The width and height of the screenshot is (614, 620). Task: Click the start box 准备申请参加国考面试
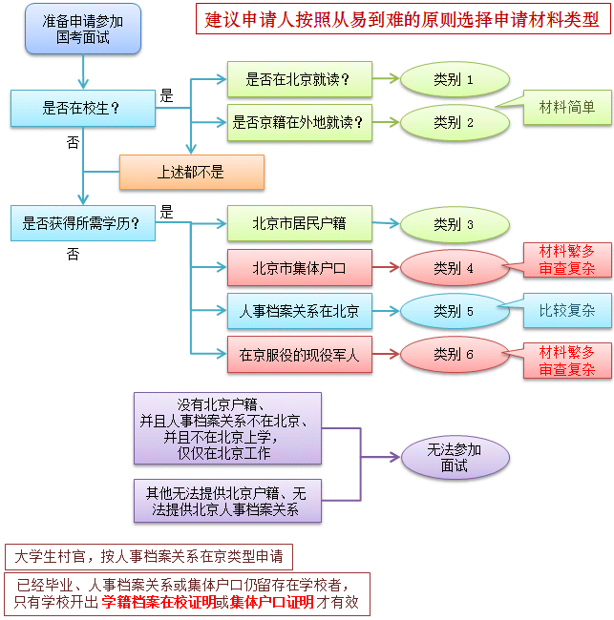pos(84,29)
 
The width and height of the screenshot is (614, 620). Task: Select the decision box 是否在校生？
pos(82,108)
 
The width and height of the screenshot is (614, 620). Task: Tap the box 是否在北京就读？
pos(299,79)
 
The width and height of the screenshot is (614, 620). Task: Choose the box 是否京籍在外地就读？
pos(299,122)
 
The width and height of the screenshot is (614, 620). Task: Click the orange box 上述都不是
pos(191,173)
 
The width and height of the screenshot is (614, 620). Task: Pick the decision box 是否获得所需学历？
pos(82,224)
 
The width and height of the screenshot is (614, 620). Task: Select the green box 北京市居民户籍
pos(299,224)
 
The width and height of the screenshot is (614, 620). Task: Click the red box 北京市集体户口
pos(299,268)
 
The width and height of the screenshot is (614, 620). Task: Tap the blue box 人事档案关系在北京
pos(299,311)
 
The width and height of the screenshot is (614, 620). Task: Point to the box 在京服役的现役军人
pos(299,355)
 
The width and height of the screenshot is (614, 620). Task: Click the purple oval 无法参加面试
pos(454,457)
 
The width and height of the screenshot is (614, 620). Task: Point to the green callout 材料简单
pos(567,108)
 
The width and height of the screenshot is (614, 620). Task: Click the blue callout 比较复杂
pos(567,311)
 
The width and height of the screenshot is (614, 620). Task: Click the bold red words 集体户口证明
pos(271,603)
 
